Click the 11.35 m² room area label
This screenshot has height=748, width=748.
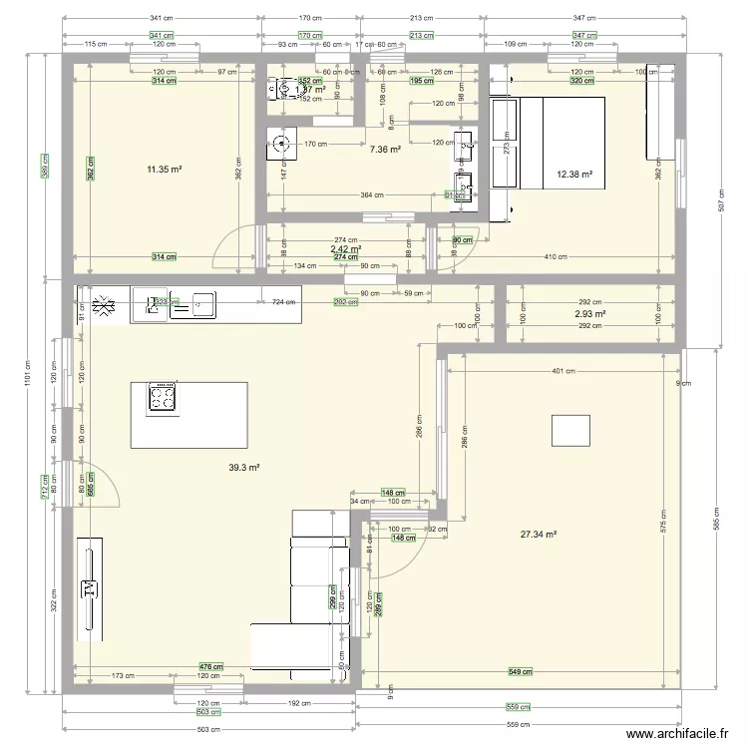(165, 170)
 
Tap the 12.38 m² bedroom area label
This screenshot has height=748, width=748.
(575, 176)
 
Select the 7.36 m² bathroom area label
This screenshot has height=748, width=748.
(385, 150)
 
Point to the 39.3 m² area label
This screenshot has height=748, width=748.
(244, 467)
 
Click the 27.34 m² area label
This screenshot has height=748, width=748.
(539, 535)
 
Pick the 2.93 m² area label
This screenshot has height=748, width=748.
(589, 314)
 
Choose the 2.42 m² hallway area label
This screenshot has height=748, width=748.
(345, 249)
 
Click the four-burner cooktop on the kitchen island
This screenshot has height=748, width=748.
(163, 398)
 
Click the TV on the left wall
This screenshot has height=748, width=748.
(88, 587)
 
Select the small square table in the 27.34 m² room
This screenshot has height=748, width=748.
(570, 430)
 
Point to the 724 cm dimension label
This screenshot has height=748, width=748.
(269, 300)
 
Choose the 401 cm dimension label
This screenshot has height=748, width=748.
(564, 371)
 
